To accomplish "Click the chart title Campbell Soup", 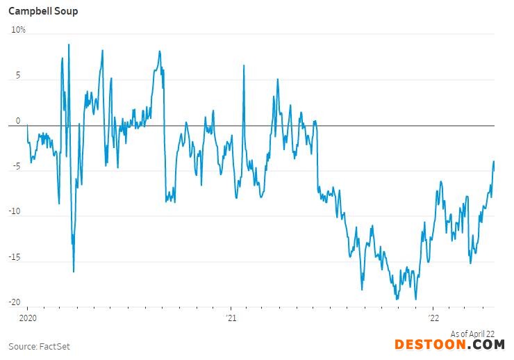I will pyautogui.click(x=43, y=11).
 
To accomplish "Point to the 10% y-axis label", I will pyautogui.click(x=18, y=30).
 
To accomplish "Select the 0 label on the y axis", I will pyautogui.click(x=19, y=122).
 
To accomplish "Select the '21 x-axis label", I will pyautogui.click(x=231, y=318).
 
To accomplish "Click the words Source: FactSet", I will pyautogui.click(x=39, y=346).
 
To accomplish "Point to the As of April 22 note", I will pyautogui.click(x=472, y=334).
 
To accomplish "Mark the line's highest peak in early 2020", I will pyautogui.click(x=69, y=44).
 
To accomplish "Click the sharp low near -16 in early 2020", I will pyautogui.click(x=74, y=271).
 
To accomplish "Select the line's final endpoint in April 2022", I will pyautogui.click(x=494, y=162).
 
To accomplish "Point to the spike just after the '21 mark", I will pyautogui.click(x=244, y=65).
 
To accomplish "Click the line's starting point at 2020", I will pyautogui.click(x=27, y=126).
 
